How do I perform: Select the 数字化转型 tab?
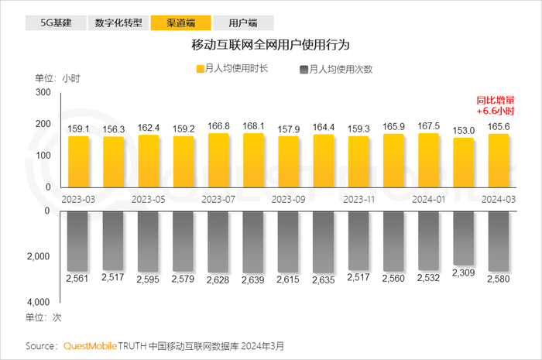tap(118, 22)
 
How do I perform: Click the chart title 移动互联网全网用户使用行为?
tap(271, 46)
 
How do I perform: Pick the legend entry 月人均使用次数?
tap(335, 69)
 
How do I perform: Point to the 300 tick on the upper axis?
tap(43, 93)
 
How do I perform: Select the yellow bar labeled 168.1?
tap(254, 159)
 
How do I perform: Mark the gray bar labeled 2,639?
tap(254, 242)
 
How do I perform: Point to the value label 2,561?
tap(79, 277)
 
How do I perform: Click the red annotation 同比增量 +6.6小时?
tap(496, 105)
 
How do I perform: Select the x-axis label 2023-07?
tap(218, 198)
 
